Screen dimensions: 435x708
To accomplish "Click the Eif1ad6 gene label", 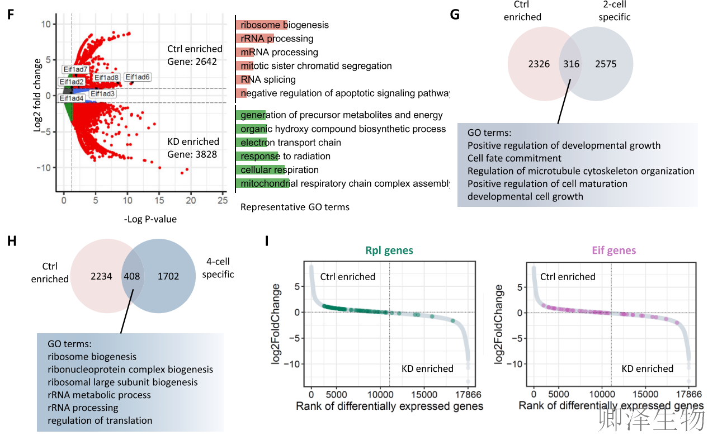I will (137, 77).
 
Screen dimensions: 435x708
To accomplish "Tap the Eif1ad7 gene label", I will (75, 69).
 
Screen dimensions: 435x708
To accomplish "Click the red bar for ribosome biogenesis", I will (261, 25).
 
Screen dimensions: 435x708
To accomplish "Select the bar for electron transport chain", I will (251, 143).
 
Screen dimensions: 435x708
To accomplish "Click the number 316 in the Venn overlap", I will (571, 64).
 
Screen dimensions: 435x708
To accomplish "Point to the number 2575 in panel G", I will (606, 64).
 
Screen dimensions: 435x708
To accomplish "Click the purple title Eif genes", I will (613, 250).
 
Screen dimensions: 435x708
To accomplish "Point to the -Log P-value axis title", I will (150, 219).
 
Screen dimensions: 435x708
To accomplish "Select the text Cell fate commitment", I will (514, 158).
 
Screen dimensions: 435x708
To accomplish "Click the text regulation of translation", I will (100, 420).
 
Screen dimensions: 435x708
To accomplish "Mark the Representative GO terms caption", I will (295, 207).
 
